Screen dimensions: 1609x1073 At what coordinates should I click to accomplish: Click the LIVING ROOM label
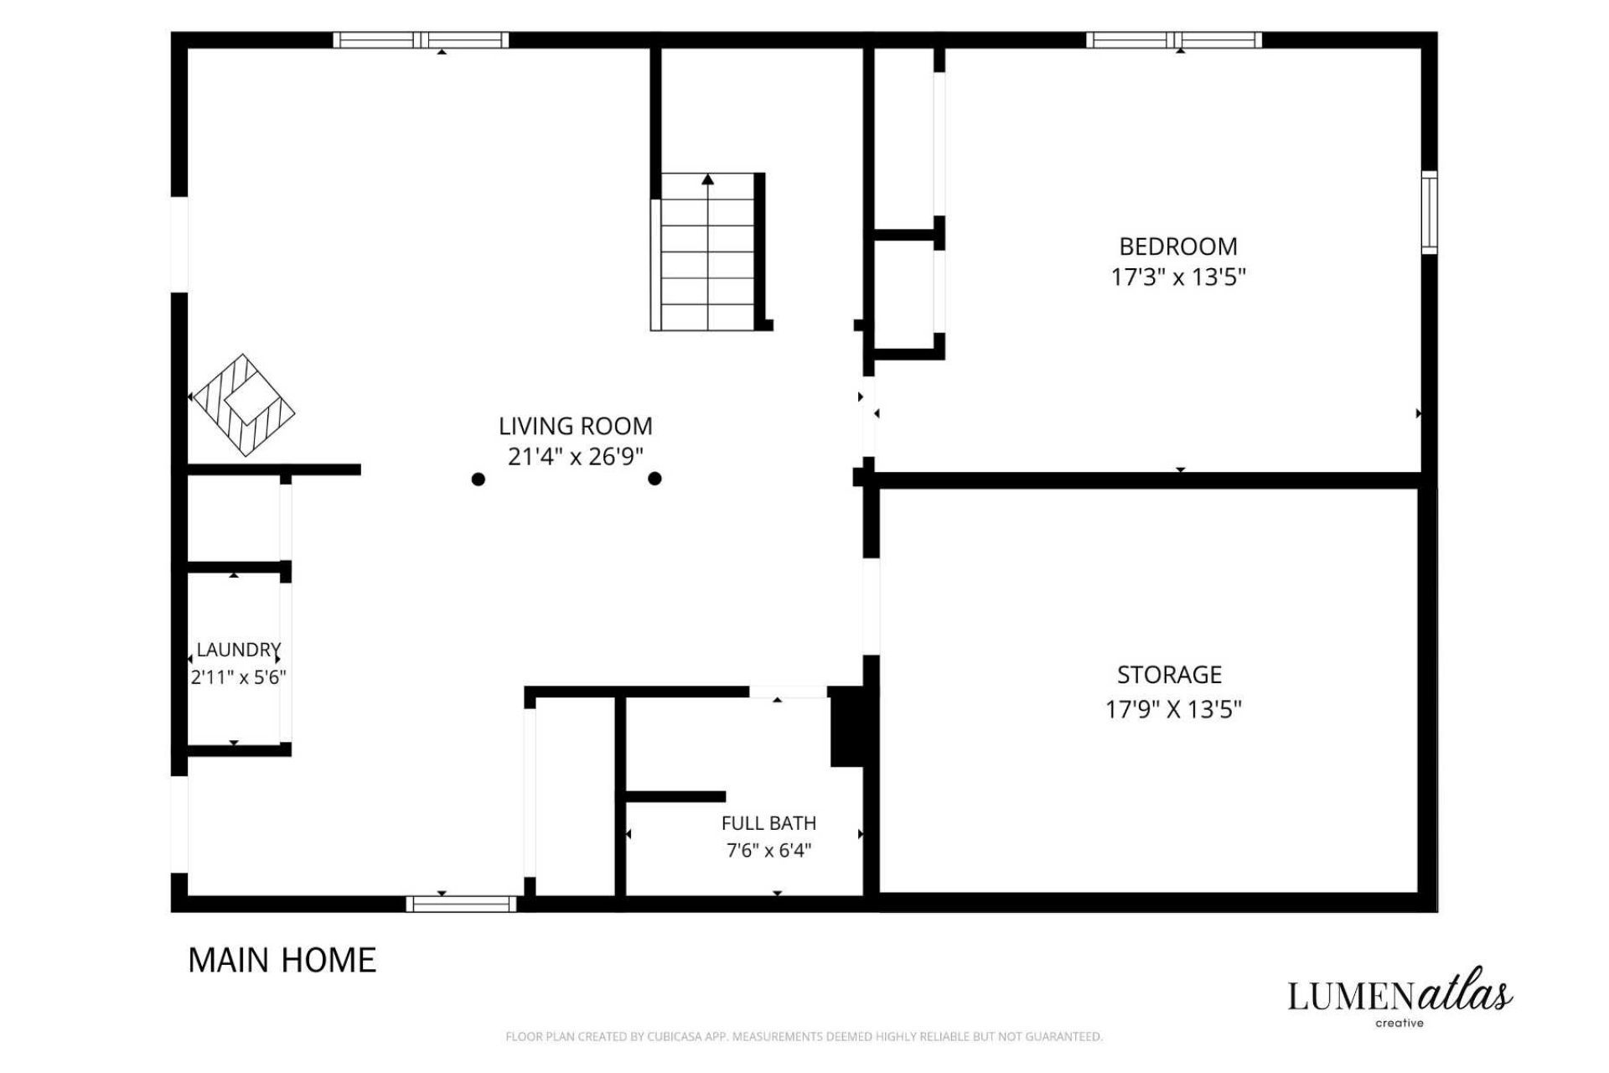pyautogui.click(x=575, y=426)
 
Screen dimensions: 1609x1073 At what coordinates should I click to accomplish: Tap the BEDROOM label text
pyautogui.click(x=1178, y=246)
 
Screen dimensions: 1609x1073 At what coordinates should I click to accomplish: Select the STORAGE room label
pyautogui.click(x=1169, y=675)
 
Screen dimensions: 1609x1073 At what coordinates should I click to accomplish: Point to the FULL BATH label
pyautogui.click(x=768, y=823)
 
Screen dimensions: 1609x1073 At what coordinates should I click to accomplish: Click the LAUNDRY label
pyautogui.click(x=239, y=650)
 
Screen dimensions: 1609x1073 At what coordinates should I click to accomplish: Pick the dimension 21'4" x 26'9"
pyautogui.click(x=576, y=457)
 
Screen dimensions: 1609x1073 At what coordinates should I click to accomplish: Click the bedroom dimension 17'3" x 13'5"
pyautogui.click(x=1178, y=277)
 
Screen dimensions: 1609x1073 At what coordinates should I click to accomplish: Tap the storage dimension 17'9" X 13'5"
pyautogui.click(x=1173, y=710)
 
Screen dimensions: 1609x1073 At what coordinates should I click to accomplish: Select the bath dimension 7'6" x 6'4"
pyautogui.click(x=768, y=851)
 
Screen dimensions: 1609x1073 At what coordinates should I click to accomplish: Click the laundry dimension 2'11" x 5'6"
pyautogui.click(x=239, y=677)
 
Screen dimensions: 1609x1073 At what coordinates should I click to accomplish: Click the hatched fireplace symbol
pyautogui.click(x=243, y=405)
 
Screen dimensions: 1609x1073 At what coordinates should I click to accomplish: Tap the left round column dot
pyautogui.click(x=478, y=479)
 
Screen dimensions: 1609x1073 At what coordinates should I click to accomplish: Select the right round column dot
pyautogui.click(x=655, y=479)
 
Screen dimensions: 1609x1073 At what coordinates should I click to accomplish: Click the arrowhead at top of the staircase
pyautogui.click(x=708, y=179)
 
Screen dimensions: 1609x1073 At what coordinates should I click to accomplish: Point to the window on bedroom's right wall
pyautogui.click(x=1430, y=212)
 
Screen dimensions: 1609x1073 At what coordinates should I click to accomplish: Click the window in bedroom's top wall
pyautogui.click(x=1174, y=40)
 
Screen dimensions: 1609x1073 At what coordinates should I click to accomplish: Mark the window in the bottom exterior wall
pyautogui.click(x=462, y=904)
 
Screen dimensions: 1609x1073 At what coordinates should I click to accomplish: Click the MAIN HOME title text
pyautogui.click(x=282, y=961)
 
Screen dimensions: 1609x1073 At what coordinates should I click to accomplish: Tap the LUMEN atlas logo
pyautogui.click(x=1399, y=997)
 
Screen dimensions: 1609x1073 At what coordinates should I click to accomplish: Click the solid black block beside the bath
pyautogui.click(x=847, y=727)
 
